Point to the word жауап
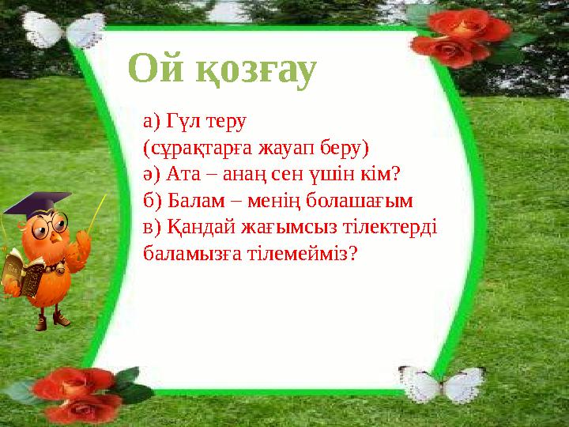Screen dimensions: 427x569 tap(274, 148)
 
